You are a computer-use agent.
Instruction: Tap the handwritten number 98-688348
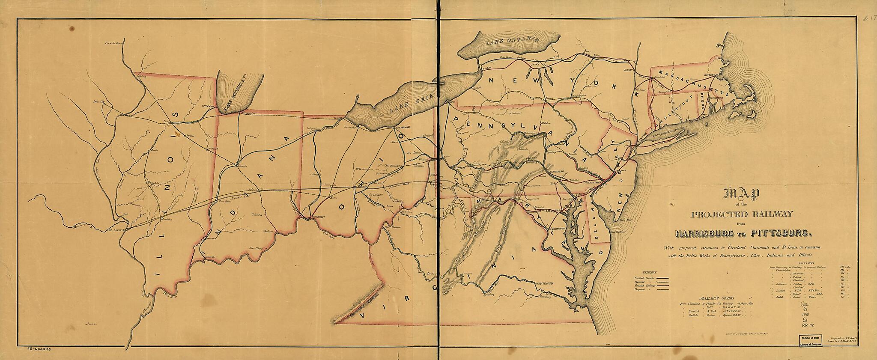pos(40,350)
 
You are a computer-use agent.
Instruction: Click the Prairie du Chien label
pos(113,43)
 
